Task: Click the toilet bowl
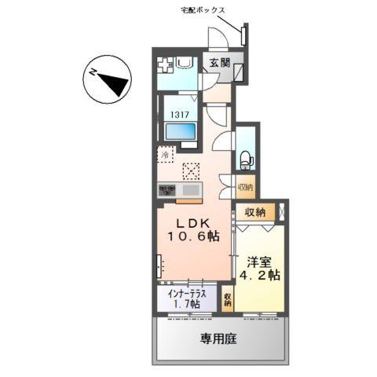[245, 160]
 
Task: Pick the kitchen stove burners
[169, 189]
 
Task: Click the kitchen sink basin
[191, 189]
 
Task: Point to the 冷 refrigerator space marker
[166, 155]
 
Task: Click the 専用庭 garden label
[218, 339]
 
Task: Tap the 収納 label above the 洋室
[254, 212]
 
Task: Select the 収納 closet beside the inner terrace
[227, 300]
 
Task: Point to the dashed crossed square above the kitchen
[191, 169]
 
